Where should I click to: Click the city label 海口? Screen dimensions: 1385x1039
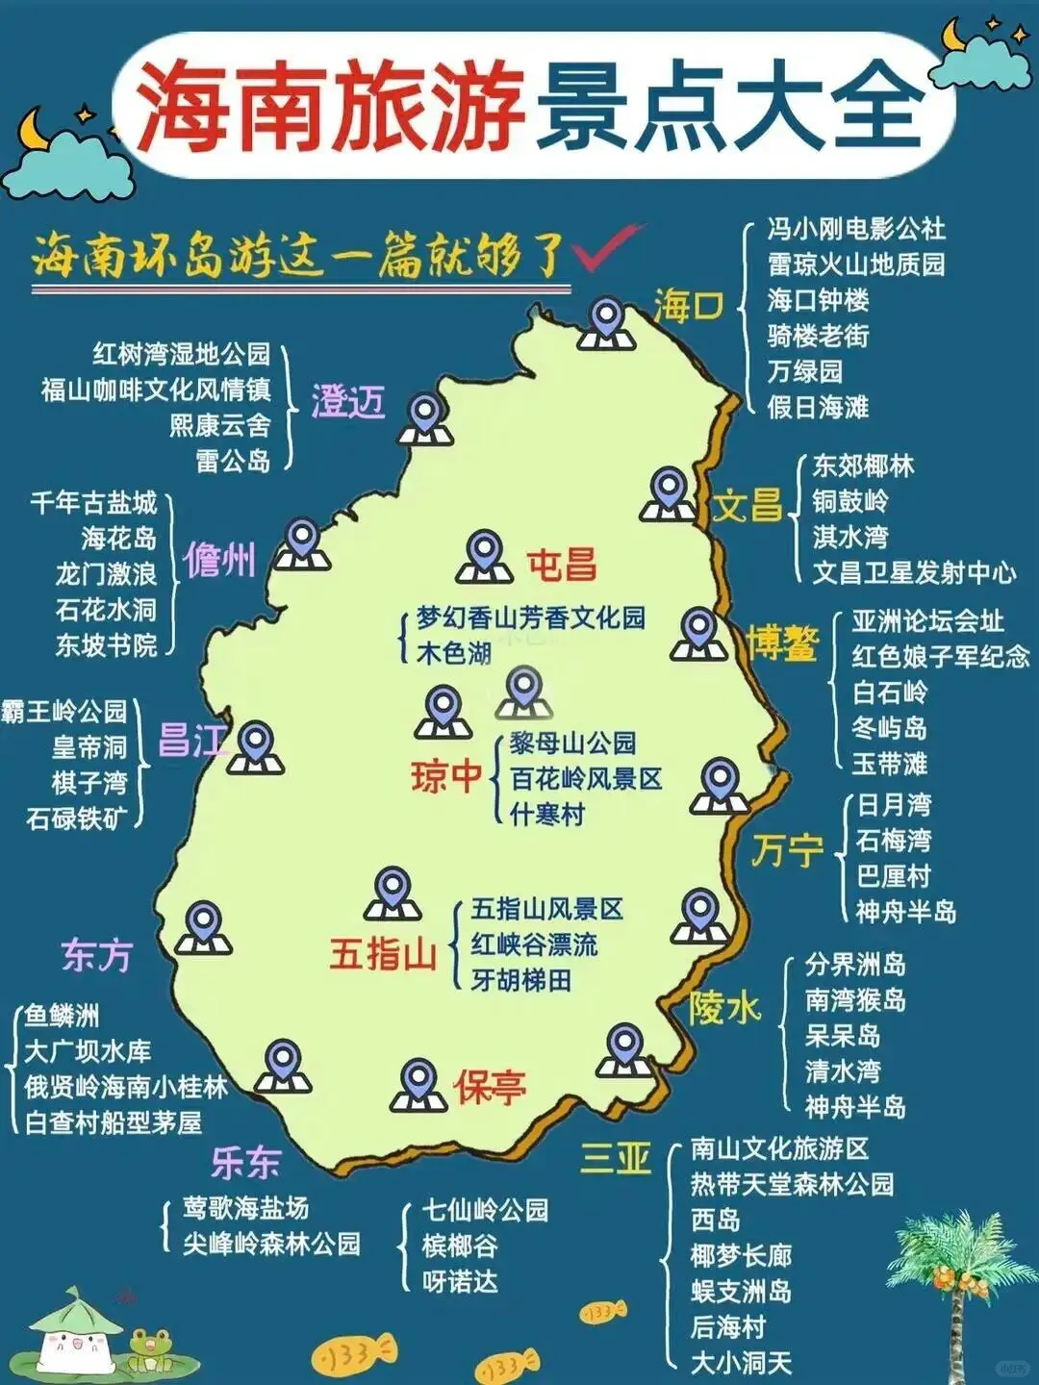pos(687,306)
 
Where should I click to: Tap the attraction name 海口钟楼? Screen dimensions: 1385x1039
pos(818,300)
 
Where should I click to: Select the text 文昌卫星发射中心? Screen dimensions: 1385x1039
pos(914,572)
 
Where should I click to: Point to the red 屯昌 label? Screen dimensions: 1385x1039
pos(561,565)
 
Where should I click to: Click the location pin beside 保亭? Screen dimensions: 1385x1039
pos(418,1084)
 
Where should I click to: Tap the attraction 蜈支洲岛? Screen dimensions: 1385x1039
pos(741,1291)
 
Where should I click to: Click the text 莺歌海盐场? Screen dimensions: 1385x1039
pos(246,1208)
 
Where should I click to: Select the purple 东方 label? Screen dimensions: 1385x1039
pos(96,955)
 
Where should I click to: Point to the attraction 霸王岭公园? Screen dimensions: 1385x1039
pos(64,712)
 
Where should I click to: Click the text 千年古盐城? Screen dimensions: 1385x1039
pos(93,502)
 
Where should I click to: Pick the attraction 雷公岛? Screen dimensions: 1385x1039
pos(233,461)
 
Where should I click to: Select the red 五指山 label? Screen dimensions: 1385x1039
pos(383,954)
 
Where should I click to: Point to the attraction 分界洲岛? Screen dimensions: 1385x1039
pos(855,964)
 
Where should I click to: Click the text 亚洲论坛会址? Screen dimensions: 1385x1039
pos(926,621)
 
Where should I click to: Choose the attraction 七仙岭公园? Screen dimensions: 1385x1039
pos(486,1210)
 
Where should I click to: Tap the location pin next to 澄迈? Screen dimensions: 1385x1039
pos(425,418)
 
